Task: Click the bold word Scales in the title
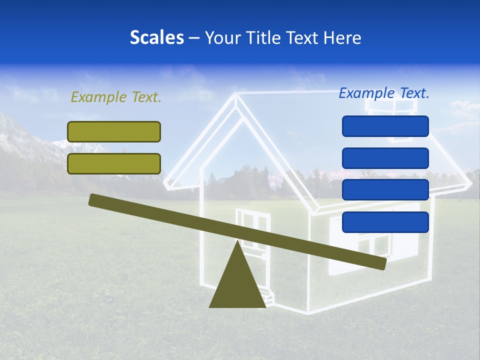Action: [156, 37]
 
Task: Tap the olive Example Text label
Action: [116, 97]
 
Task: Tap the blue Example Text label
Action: [384, 93]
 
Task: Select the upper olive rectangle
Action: [114, 131]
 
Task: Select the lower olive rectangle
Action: [114, 163]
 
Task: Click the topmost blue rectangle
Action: [385, 126]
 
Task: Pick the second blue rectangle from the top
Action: [385, 158]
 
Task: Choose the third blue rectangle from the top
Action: [385, 190]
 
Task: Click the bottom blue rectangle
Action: [385, 222]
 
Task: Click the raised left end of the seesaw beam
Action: [95, 200]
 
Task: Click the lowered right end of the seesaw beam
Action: [380, 263]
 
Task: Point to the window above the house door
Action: [253, 220]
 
